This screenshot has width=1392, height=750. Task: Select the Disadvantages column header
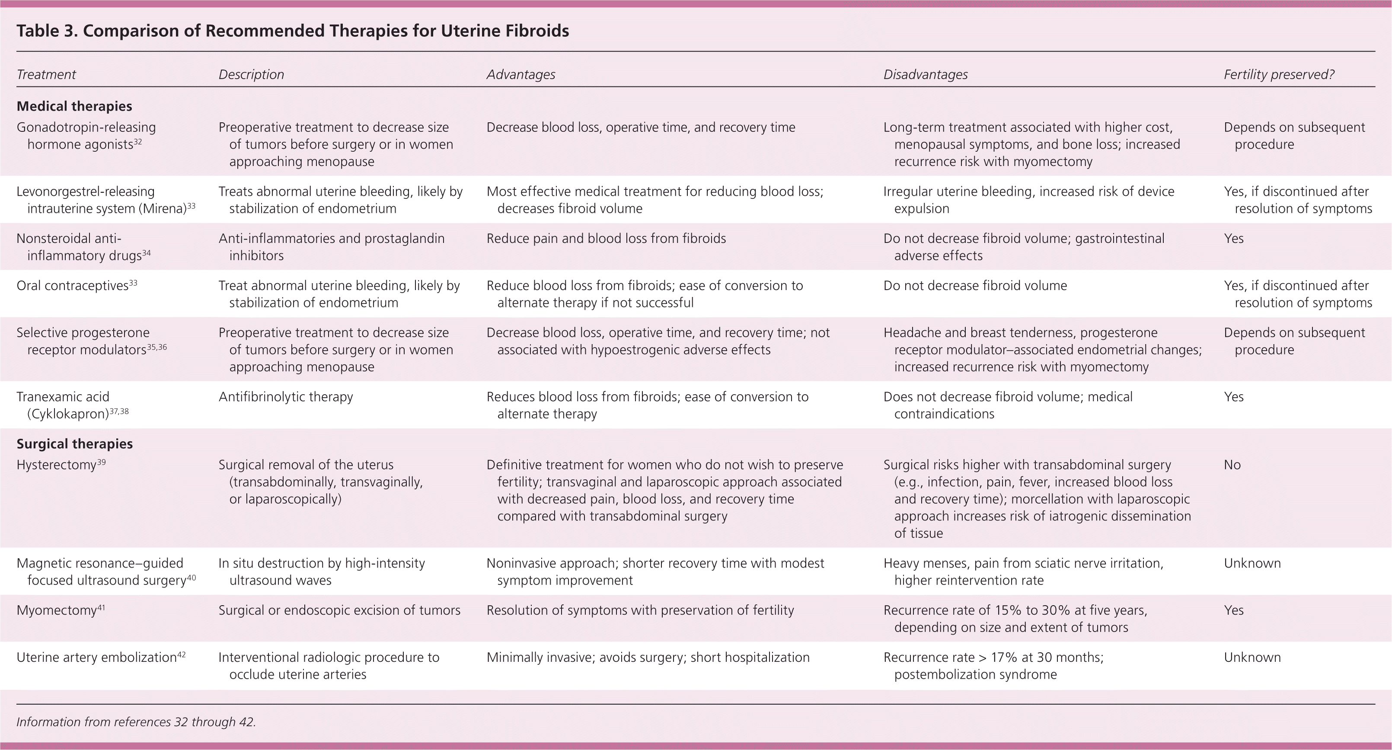pos(925,74)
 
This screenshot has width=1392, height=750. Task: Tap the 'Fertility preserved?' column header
pos(1279,74)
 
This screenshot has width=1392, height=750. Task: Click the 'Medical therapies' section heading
pos(74,106)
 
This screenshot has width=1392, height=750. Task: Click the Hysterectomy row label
pos(57,465)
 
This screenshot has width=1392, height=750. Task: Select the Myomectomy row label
pos(57,610)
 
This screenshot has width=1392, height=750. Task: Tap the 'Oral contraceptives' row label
pos(73,286)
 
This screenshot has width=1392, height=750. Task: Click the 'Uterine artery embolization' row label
pos(97,657)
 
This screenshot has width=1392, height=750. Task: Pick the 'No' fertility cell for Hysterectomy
pos(1232,465)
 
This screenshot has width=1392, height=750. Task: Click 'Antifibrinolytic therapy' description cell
pos(285,397)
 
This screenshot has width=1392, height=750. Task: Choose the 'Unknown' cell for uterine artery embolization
pos(1252,657)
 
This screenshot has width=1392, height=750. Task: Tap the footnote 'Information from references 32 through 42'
pos(136,722)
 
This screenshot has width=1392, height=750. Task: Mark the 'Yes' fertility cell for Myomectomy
pos(1234,610)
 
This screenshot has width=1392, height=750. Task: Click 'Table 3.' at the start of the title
pos(47,31)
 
